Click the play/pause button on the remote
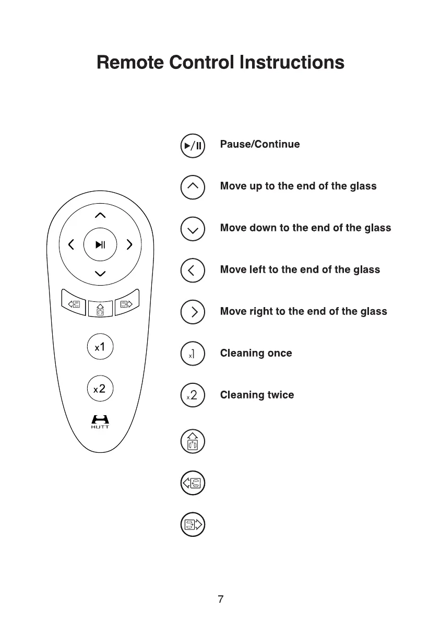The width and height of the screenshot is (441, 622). (x=101, y=244)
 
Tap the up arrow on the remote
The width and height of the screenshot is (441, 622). (x=101, y=215)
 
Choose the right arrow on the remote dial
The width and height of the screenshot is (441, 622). (x=130, y=244)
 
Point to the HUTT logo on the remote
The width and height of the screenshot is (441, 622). (x=100, y=421)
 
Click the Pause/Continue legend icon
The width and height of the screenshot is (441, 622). (x=193, y=145)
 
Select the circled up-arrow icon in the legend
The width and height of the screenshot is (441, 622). (x=193, y=186)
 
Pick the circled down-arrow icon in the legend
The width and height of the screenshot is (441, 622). (x=193, y=228)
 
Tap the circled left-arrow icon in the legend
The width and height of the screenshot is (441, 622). (x=193, y=270)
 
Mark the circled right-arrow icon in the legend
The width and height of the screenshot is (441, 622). (x=193, y=312)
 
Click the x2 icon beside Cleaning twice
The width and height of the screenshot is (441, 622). (x=193, y=395)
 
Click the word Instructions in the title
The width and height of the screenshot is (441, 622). (x=292, y=63)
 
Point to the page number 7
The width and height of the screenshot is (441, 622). (x=221, y=598)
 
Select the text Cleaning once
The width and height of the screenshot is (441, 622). (x=256, y=354)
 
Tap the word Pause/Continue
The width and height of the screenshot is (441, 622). (x=260, y=144)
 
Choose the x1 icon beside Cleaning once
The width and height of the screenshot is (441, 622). (x=193, y=354)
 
